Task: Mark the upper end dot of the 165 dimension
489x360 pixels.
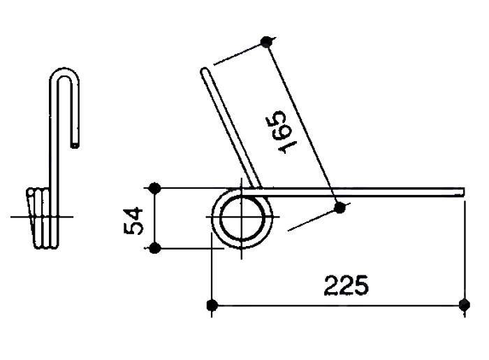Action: [265, 42]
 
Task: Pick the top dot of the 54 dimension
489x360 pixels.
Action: [155, 187]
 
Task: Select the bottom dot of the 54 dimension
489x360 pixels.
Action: [155, 247]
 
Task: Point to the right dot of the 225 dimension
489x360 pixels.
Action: [465, 305]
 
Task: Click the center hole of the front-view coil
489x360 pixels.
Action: [241, 217]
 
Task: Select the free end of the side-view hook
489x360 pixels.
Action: [76, 143]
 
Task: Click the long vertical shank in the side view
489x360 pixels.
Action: [53, 140]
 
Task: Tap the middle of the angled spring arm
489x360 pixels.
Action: [231, 129]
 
